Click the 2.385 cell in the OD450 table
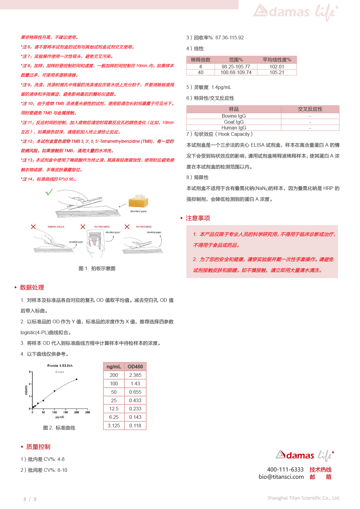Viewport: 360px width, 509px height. pos(135,375)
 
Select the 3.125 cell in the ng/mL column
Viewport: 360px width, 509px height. pos(114,426)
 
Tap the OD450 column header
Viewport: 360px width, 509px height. pos(135,367)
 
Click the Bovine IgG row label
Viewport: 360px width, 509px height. pos(234,116)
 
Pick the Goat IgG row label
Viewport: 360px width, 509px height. pos(234,122)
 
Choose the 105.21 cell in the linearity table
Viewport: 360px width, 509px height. pos(277,73)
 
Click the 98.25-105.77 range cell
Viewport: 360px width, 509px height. pos(236,67)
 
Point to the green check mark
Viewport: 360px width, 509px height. pos(49,192)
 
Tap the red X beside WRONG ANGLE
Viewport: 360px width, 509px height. pos(33,227)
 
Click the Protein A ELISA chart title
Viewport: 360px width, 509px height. pos(60,366)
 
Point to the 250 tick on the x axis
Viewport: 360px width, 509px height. pos(87,412)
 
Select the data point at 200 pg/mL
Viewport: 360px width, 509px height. pos(77,379)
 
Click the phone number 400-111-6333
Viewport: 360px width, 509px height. pos(285,469)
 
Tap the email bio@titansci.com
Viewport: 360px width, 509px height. pos(281,477)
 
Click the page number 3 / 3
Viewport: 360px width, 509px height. pos(30,499)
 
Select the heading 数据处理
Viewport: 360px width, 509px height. pos(32,287)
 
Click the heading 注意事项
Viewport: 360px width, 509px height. pos(198,218)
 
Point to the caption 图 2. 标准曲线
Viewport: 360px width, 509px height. pos(59,428)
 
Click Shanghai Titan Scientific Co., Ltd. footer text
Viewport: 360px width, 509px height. pos(304,498)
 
